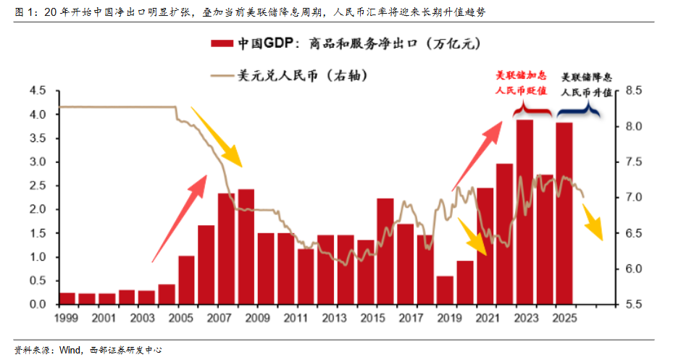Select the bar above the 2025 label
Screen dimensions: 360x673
(564, 213)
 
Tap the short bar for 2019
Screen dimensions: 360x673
(445, 290)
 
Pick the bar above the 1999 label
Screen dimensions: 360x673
(67, 298)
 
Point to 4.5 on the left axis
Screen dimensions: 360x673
(36, 91)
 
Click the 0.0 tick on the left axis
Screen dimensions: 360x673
(36, 304)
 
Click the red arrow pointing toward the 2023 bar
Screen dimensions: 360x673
(475, 155)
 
